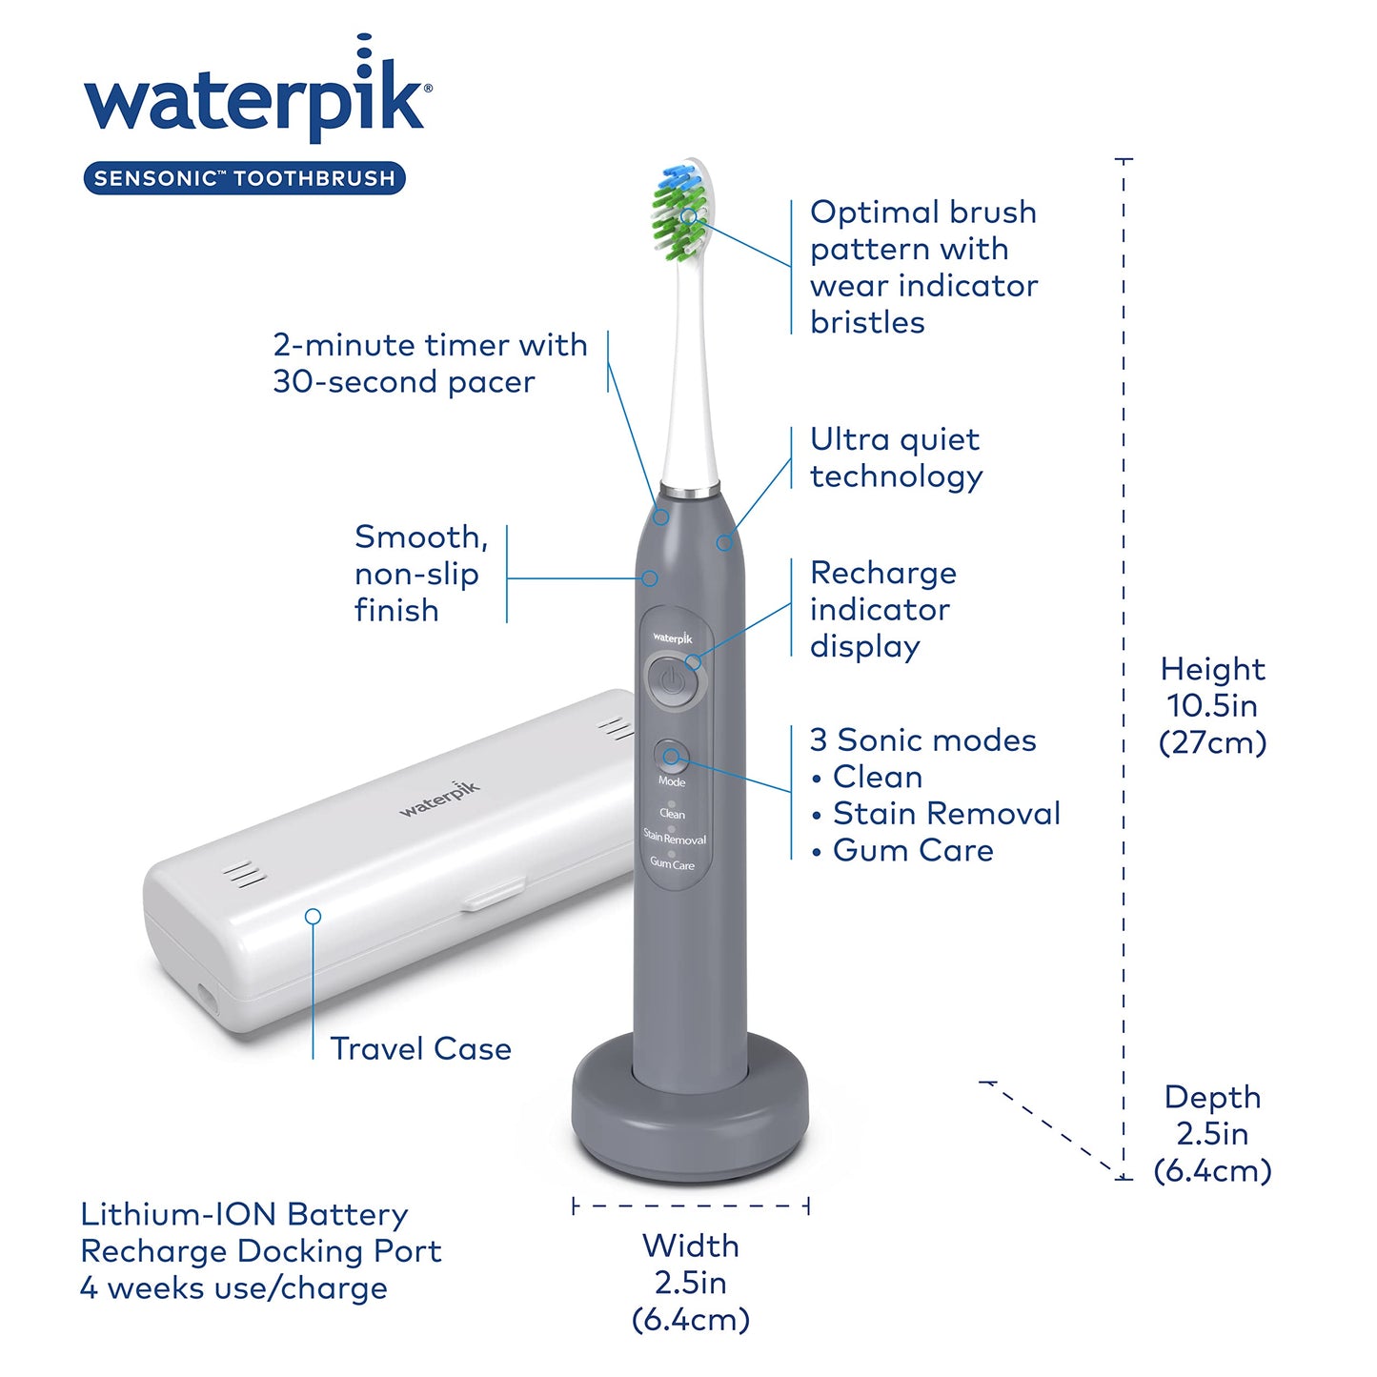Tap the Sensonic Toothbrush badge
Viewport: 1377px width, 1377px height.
tap(245, 178)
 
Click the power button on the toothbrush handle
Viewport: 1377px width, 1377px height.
tap(673, 681)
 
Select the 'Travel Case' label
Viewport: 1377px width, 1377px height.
tap(420, 1049)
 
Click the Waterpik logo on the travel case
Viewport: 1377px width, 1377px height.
tap(439, 799)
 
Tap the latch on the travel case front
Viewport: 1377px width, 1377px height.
tap(493, 895)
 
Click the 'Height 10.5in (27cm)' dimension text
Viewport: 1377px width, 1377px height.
tap(1212, 705)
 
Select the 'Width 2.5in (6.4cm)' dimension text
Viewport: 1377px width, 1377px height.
tap(691, 1282)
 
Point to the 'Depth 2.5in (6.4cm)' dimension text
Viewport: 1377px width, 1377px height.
tap(1212, 1133)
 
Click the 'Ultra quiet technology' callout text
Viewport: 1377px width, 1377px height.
tap(896, 457)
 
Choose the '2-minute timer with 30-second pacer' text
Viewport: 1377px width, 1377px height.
tap(430, 363)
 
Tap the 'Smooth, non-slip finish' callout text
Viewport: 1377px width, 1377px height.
tap(420, 574)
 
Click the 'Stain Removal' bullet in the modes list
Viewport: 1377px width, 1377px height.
tap(945, 813)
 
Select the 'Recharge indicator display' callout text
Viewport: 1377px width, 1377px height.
tap(882, 609)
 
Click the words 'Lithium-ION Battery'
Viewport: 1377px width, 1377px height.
tap(245, 1214)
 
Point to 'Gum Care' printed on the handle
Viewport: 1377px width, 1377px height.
tap(672, 864)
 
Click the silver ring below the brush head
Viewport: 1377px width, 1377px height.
tap(690, 492)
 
